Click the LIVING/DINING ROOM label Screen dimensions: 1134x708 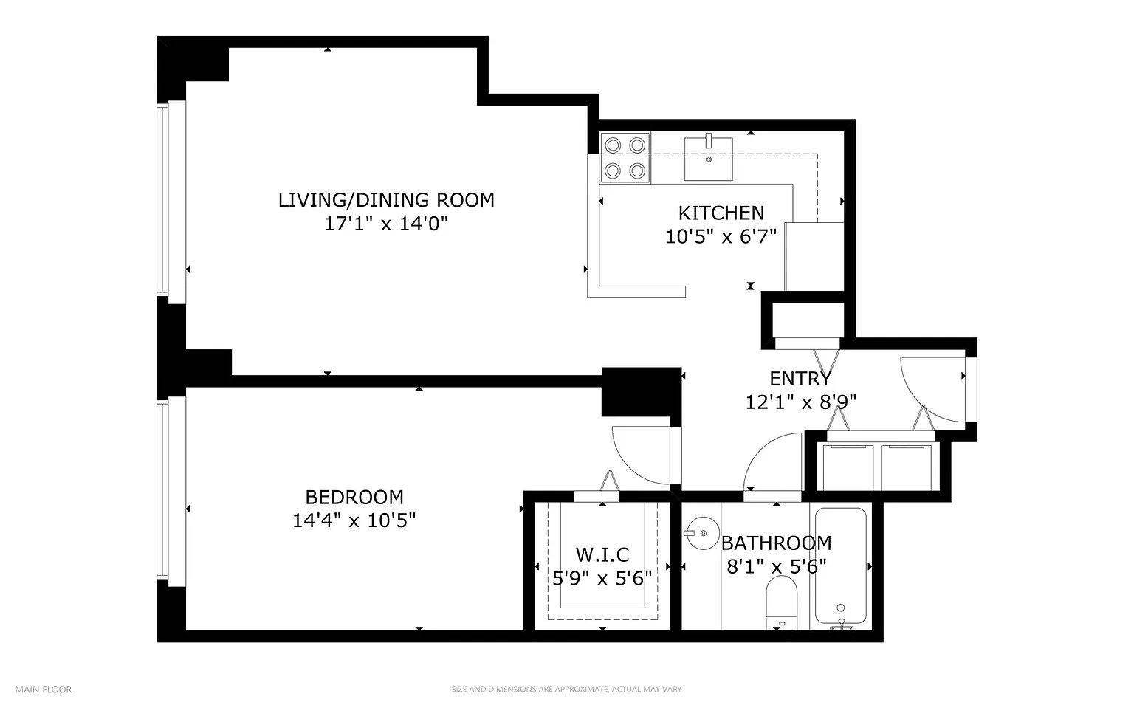386,200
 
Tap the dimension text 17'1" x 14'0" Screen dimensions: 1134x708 386,223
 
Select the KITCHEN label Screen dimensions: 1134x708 721,213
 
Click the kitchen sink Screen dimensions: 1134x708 708,159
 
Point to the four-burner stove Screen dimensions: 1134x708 625,157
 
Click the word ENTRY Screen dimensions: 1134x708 800,379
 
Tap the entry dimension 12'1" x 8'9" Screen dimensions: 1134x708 801,402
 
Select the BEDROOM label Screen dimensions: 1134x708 354,497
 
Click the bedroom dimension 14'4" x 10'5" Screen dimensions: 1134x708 354,520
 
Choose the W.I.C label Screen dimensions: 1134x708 602,554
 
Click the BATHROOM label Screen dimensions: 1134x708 776,543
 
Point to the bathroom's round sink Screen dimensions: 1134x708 703,533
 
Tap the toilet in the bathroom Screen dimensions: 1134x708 782,602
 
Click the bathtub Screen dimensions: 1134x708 840,567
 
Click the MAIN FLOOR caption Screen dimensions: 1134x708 44,690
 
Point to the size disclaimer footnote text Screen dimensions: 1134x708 566,690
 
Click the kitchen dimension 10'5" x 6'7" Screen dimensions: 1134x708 721,236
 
